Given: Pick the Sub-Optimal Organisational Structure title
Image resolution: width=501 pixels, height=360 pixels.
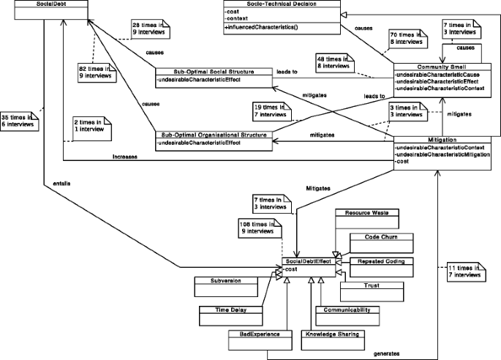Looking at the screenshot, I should coord(214,133).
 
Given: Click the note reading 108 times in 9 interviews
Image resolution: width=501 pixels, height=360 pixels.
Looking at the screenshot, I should coord(257,228).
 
